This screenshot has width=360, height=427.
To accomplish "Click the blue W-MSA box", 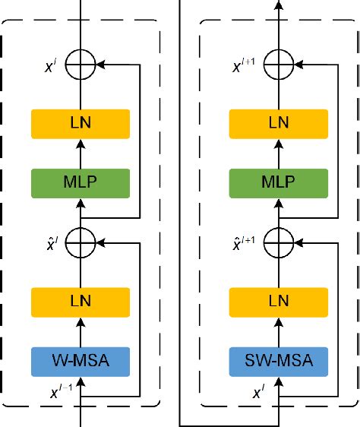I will pos(81,361).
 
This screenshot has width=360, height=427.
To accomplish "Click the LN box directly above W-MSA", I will pos(81,302).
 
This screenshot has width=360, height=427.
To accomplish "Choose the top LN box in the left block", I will pos(81,124).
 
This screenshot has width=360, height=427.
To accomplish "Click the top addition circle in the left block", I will pos(81,65).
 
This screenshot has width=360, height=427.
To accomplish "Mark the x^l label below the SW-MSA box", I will pos(257,394).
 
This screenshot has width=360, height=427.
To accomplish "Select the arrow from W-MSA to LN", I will pos(81,331).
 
